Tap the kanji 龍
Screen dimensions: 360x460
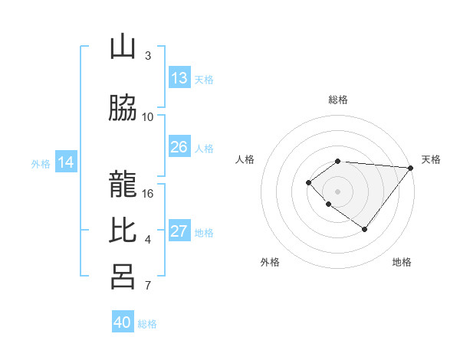click(x=123, y=178)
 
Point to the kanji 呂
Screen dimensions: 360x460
click(x=123, y=276)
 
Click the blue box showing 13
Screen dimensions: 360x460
click(x=179, y=78)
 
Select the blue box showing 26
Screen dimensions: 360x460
click(x=179, y=147)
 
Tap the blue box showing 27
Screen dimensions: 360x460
click(x=179, y=231)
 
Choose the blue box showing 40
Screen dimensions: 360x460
click(x=123, y=322)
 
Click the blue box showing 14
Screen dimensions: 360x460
click(x=66, y=162)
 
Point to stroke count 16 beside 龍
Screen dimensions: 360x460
click(x=148, y=193)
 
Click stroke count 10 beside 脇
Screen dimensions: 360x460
click(x=148, y=117)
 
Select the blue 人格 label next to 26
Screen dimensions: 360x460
click(x=204, y=149)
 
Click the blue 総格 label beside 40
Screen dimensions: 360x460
click(x=147, y=324)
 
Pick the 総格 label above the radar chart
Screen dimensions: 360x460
click(x=338, y=100)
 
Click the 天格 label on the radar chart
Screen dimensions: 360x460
click(x=431, y=159)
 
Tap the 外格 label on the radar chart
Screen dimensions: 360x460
click(x=270, y=262)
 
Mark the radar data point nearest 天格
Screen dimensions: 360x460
click(x=411, y=168)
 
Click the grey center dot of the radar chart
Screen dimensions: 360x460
click(x=338, y=191)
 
